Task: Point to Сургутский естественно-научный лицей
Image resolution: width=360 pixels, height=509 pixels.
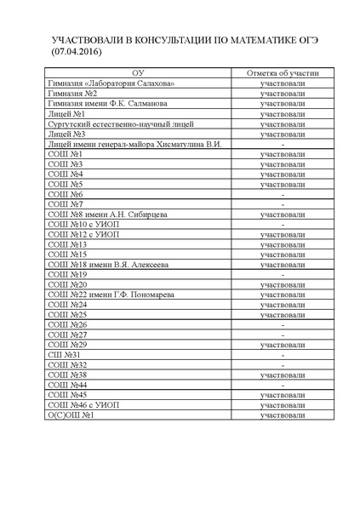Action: click(x=111, y=124)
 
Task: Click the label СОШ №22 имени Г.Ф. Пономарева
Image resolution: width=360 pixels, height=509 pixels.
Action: click(x=111, y=295)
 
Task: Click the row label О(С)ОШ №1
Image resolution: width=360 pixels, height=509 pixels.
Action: click(x=71, y=415)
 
